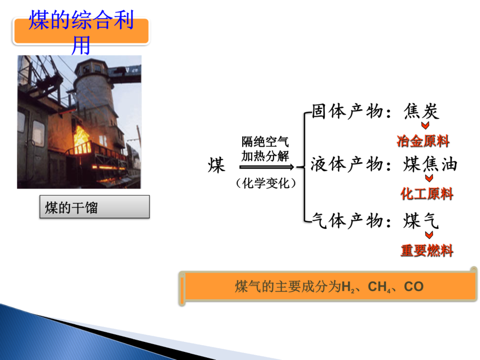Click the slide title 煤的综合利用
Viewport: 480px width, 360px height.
[x=81, y=32]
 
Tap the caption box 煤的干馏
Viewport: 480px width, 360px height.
[x=94, y=207]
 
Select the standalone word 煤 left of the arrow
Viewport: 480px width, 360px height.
[x=217, y=165]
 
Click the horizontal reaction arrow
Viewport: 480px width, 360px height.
[x=267, y=167]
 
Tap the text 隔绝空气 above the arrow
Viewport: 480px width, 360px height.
[x=265, y=142]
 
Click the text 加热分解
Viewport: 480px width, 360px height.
[x=265, y=156]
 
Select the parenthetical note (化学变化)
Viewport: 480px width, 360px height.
[x=266, y=183]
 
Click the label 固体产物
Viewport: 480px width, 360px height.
[x=347, y=111]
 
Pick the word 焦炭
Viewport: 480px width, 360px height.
[x=421, y=111]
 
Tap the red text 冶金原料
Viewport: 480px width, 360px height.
[x=423, y=141]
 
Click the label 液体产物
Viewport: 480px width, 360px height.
[x=347, y=164]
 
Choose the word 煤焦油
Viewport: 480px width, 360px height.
[x=430, y=164]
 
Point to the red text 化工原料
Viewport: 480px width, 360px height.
[x=427, y=194]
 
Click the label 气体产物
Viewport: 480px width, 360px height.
[x=347, y=221]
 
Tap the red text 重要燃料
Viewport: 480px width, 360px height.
[x=427, y=251]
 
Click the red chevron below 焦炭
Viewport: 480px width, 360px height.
[x=425, y=125]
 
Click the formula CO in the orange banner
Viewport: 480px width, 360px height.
[x=413, y=286]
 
